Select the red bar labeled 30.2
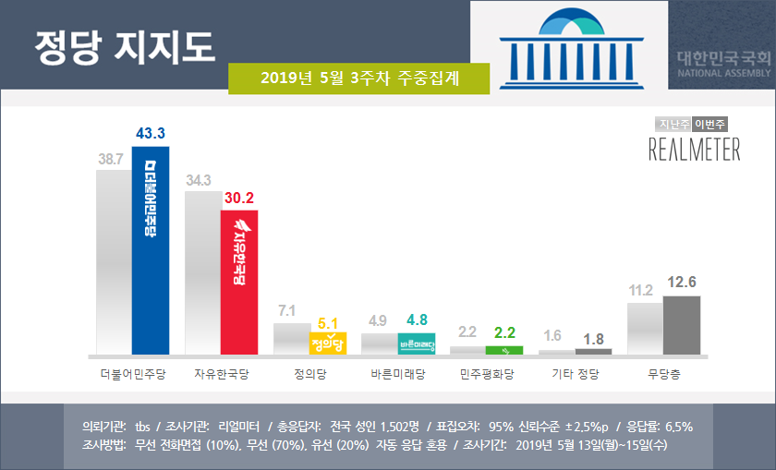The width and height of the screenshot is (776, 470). click(238, 283)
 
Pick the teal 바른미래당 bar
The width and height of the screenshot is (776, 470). click(416, 344)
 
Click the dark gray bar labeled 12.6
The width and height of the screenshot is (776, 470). click(682, 325)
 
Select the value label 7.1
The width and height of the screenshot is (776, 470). click(287, 309)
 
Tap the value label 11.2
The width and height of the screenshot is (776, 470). click(641, 290)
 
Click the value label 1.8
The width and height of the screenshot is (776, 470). click(593, 337)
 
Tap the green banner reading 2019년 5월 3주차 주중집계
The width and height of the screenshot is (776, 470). click(358, 78)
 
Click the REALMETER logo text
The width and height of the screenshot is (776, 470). click(694, 149)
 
